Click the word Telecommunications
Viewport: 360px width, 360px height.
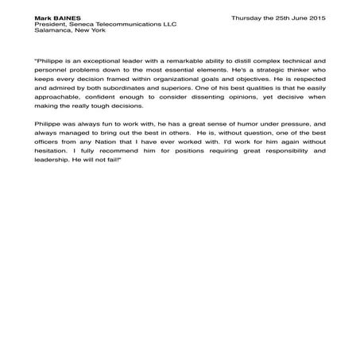pyautogui.click(x=130, y=24)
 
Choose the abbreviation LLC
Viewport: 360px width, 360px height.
pyautogui.click(x=168, y=24)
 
